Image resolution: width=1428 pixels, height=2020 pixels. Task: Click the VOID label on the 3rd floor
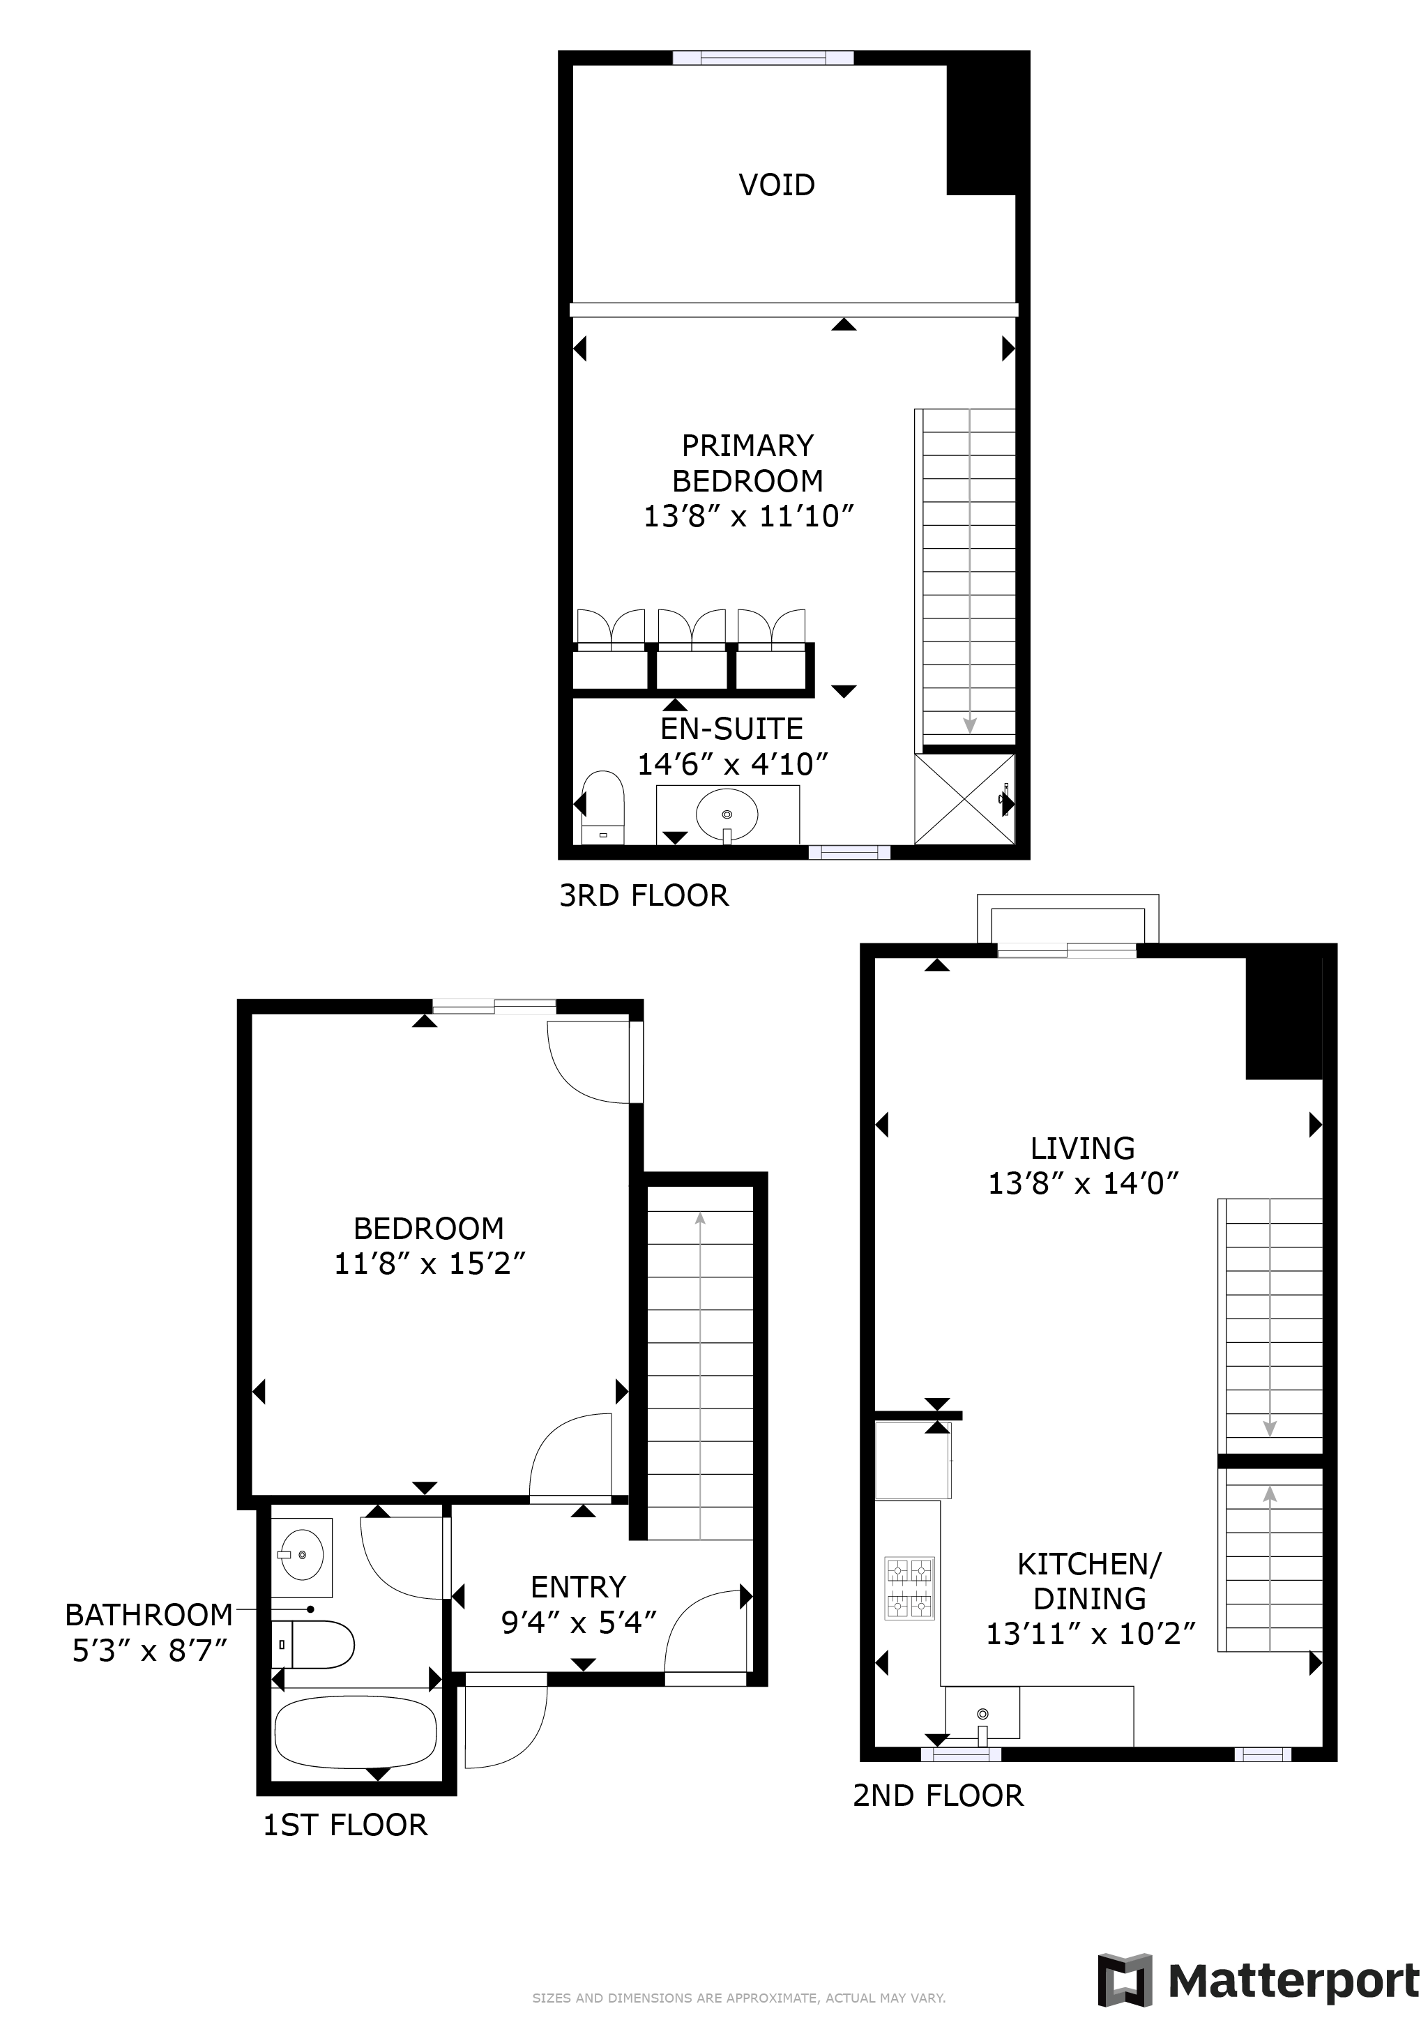pyautogui.click(x=776, y=185)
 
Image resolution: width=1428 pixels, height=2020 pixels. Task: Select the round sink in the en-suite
pyautogui.click(x=727, y=814)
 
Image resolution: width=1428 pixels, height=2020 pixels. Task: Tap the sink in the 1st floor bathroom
pyautogui.click(x=301, y=1556)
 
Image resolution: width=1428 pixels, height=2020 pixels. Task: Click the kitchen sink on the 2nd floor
pyautogui.click(x=982, y=1712)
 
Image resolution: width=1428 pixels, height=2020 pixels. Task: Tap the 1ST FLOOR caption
pyautogui.click(x=345, y=1825)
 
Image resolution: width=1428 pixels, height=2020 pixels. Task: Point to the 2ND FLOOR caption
pyautogui.click(x=938, y=1795)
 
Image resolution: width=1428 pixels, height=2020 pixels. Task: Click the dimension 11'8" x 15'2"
pyautogui.click(x=430, y=1263)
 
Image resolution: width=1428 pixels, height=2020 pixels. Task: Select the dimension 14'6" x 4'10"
pyautogui.click(x=733, y=764)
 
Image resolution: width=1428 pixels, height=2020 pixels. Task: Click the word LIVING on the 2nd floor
pyautogui.click(x=1082, y=1148)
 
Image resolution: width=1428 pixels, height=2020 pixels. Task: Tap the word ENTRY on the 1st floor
pyautogui.click(x=578, y=1586)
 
